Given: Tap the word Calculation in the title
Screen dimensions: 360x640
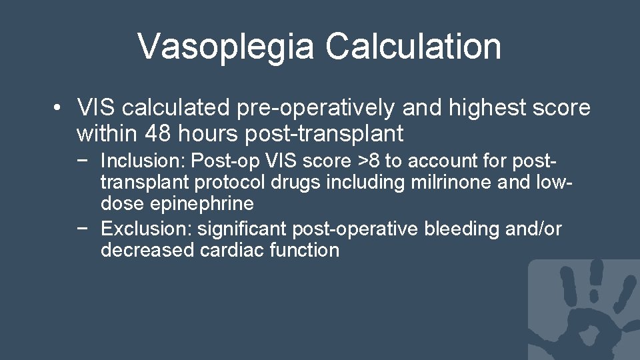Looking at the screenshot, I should pyautogui.click(x=413, y=46).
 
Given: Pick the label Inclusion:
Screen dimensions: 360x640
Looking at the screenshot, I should pyautogui.click(x=143, y=161).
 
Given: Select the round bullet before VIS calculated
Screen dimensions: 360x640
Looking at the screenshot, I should pyautogui.click(x=59, y=107).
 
